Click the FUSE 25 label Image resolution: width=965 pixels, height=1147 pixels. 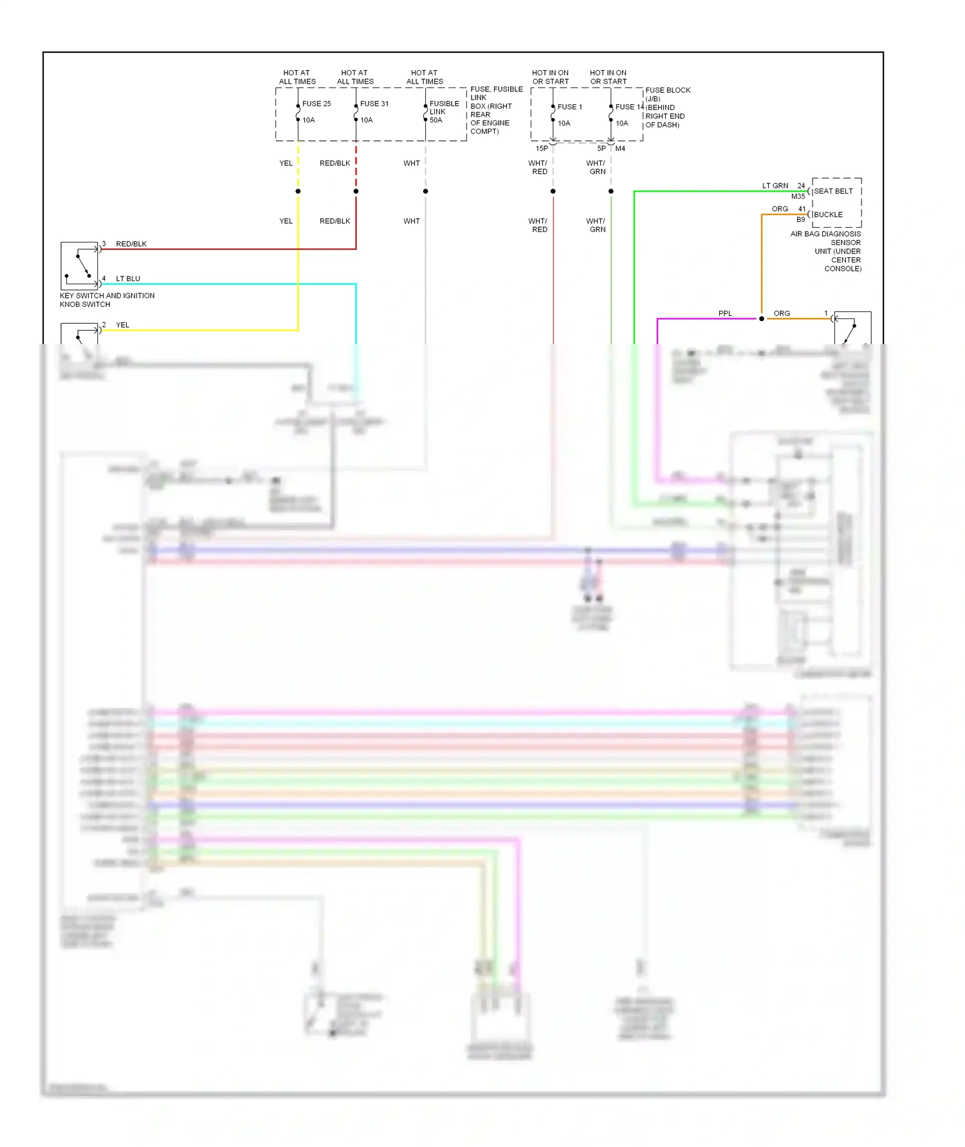317,104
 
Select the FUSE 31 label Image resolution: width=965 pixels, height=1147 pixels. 374,104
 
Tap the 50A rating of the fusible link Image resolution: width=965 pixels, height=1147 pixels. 436,120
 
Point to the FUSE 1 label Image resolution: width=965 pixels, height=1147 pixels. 570,107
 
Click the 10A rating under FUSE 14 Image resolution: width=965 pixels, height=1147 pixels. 622,124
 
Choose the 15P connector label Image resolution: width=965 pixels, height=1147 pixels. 542,149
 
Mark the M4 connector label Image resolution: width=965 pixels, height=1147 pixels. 620,149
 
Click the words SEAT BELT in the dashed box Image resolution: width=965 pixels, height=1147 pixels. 833,191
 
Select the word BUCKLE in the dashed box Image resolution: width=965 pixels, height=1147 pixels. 828,215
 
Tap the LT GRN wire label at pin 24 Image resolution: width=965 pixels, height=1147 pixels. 775,186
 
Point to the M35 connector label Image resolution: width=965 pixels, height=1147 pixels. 798,196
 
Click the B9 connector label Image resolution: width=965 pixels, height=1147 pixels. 801,219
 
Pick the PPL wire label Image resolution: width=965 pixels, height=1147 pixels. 725,313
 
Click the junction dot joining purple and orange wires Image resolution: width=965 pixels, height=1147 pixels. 762,318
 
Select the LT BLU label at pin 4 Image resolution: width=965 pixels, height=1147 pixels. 128,279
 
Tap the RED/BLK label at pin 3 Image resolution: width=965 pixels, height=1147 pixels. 131,244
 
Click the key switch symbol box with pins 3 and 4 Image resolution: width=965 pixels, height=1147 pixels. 79,265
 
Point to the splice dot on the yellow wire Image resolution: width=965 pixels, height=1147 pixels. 298,191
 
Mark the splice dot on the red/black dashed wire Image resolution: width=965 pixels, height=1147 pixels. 356,191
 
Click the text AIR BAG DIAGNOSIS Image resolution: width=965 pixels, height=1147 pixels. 825,234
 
